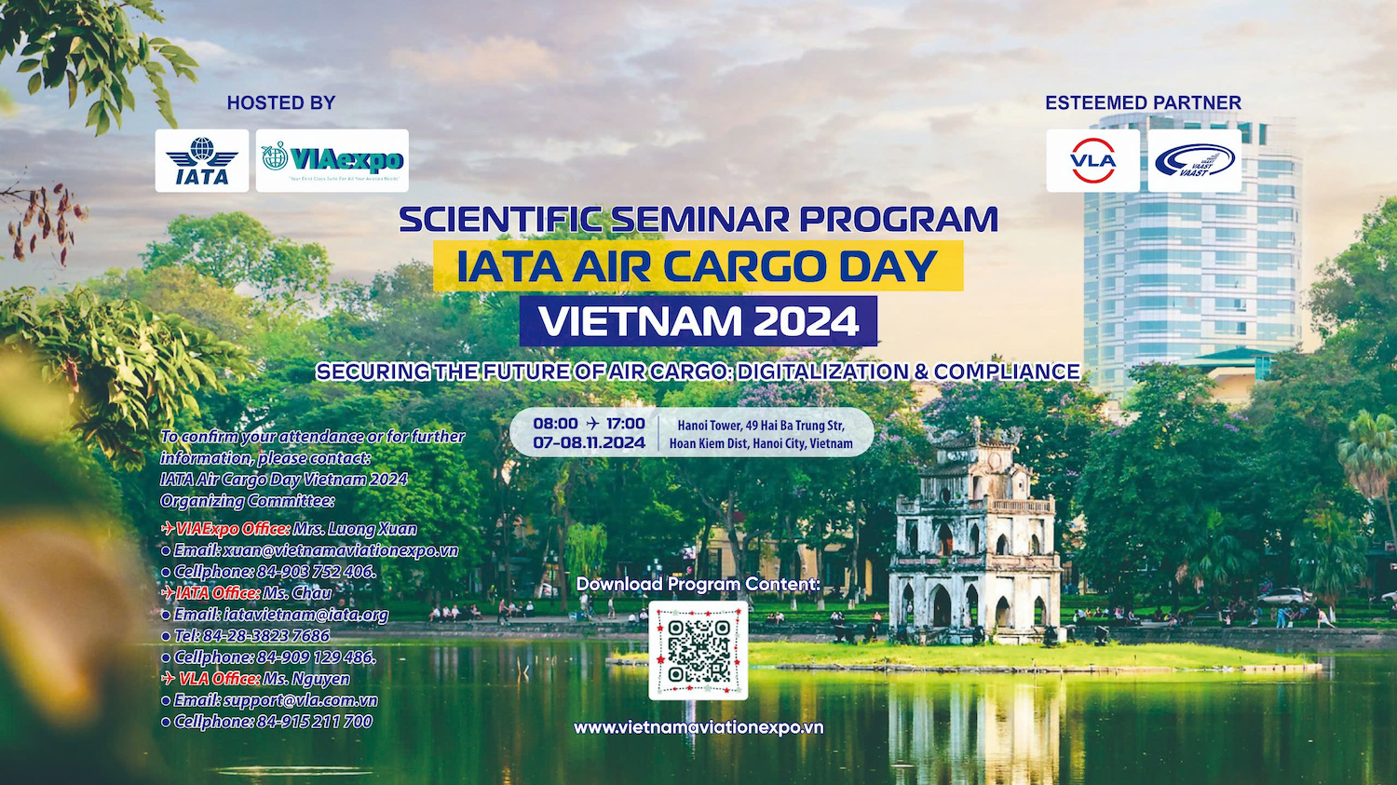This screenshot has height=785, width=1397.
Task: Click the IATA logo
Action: pos(201,161)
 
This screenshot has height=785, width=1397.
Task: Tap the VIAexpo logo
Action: pos(332,161)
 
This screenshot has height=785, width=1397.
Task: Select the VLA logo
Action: pos(1092,161)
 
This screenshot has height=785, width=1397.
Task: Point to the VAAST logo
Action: pos(1194,161)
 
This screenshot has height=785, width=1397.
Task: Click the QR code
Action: pos(698,650)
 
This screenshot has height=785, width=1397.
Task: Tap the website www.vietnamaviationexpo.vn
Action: pos(698,727)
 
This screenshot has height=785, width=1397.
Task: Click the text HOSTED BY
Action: pos(281,102)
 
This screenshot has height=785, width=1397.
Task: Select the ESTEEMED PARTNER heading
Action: pos(1143,102)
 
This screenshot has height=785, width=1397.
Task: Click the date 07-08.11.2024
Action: pos(589,442)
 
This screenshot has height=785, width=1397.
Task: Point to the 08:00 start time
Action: pos(555,424)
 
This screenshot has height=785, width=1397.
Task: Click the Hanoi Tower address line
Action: pos(761,426)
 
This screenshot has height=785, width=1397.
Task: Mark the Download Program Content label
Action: pos(698,584)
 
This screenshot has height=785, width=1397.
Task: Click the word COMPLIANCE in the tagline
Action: pos(1007,372)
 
